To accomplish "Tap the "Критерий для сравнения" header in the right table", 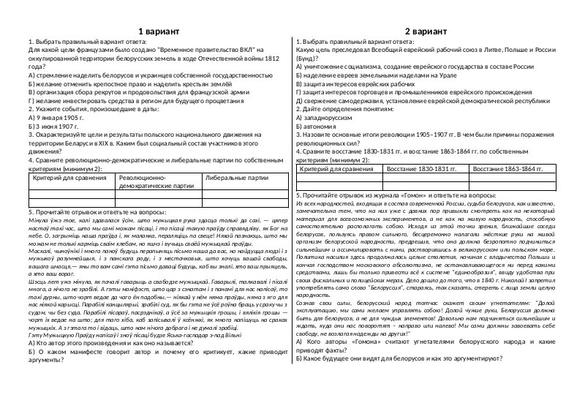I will click(x=331, y=170).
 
